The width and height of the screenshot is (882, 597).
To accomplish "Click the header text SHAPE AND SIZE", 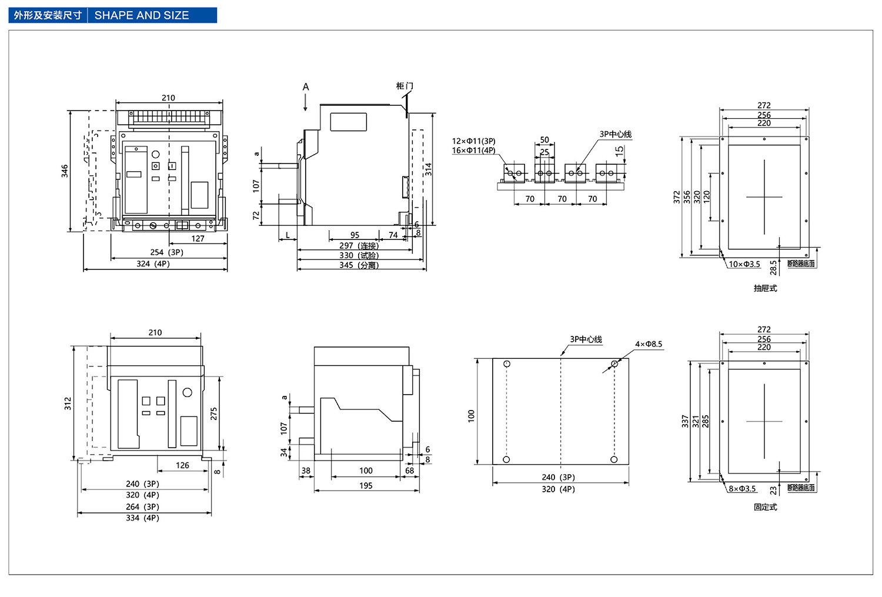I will pos(142,15).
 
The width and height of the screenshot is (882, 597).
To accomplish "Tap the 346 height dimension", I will pos(65,171).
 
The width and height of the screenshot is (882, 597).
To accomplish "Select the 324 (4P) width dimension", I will pos(153,264).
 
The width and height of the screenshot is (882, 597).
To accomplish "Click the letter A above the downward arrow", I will pos(306,87).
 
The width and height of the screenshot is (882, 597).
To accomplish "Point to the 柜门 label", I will pos(404,86).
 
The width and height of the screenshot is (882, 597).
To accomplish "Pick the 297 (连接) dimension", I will pos(359,245).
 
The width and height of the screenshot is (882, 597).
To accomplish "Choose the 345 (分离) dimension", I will pos(359,265).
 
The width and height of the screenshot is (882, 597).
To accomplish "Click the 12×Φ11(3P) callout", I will pos(473,141).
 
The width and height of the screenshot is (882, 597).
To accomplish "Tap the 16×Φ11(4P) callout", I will pos(473,151).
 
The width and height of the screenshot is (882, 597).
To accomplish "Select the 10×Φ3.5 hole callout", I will pos(744,264).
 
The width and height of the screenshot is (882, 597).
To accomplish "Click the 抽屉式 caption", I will pos(765,288).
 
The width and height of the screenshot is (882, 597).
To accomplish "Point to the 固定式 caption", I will pos(765,507).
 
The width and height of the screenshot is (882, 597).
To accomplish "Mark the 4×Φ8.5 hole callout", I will pos(649,344).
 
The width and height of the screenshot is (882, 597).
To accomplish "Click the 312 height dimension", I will pos(68,403).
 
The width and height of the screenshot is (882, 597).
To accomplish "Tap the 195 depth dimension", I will pos(366,486).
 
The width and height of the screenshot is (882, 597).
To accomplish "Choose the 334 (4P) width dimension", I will pos(142,518).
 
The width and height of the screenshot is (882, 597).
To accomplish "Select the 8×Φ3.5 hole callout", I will pos(742,489).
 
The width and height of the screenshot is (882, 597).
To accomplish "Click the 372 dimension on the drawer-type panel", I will pos(677,197).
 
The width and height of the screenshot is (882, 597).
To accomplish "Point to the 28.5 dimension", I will pos(773,267).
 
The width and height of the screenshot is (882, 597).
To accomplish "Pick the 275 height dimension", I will pos(214,413).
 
